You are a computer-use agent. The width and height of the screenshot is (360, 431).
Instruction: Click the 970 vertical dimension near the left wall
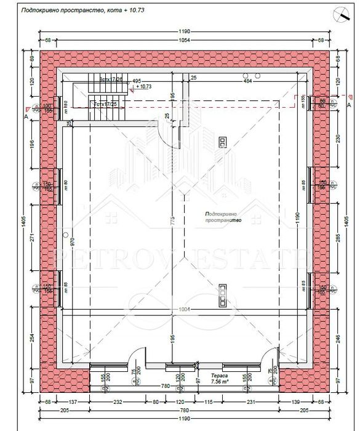[x=73, y=242]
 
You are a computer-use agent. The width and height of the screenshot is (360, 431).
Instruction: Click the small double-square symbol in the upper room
[x=220, y=142]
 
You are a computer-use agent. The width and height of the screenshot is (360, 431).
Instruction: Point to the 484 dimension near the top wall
[x=248, y=81]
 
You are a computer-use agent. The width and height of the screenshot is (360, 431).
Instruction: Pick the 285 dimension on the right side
[x=336, y=234]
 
